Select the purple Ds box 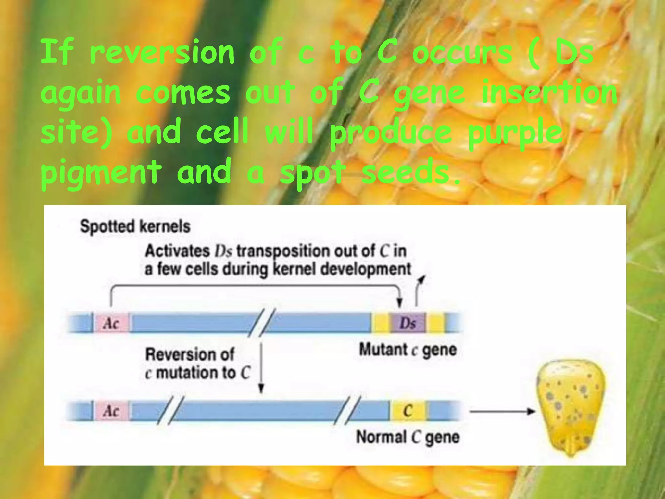pos(408,323)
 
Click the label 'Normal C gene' pos(408,437)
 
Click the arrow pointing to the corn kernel pos(502,412)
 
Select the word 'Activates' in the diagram pos(177,251)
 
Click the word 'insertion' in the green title pos(549,93)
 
